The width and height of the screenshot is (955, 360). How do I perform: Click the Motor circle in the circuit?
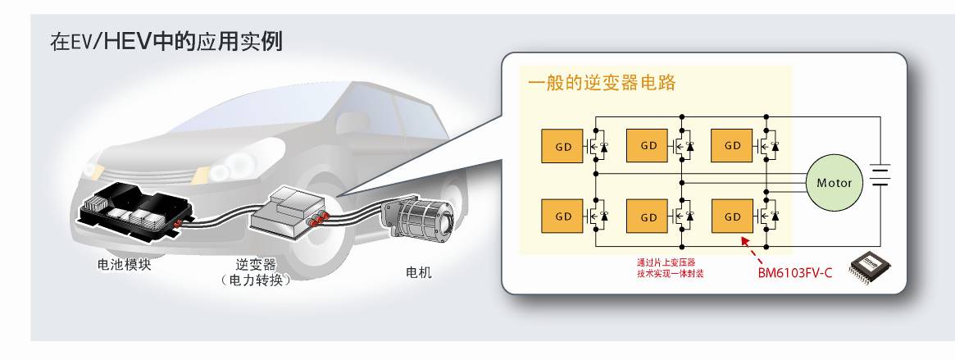pos(834,183)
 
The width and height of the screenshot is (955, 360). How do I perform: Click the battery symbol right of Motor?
pos(880,175)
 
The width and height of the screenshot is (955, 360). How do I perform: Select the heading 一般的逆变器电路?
pos(601,84)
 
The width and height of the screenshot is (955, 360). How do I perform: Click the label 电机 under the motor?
pos(419,272)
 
